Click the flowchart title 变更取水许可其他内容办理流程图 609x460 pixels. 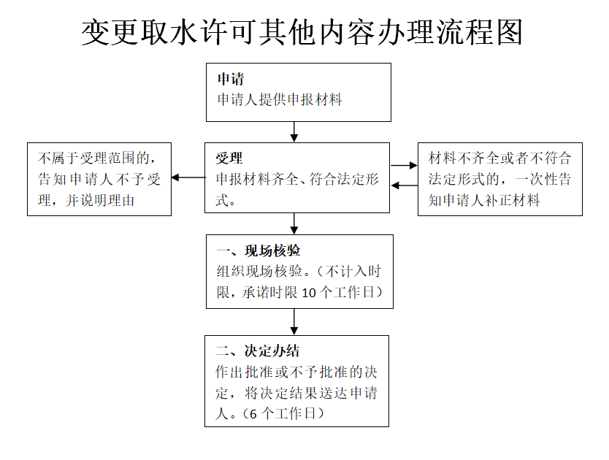302,32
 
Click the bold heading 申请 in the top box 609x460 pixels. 231,79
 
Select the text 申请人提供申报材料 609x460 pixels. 280,99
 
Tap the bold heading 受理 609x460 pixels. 229,158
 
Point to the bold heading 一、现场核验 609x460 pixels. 258,250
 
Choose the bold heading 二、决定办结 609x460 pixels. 258,350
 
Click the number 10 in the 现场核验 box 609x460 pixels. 309,293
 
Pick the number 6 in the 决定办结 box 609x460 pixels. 253,414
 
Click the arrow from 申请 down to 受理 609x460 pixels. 294,131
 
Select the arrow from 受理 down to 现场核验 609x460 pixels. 294,223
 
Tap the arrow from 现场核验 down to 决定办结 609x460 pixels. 294,322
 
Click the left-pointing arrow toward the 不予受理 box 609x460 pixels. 188,177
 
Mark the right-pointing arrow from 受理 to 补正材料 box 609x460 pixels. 404,166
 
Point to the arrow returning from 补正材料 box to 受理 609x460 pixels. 404,185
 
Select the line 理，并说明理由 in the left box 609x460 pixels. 86,201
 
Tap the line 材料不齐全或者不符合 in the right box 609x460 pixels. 500,158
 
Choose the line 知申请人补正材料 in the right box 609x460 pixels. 484,201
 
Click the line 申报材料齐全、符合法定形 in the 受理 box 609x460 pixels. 297,179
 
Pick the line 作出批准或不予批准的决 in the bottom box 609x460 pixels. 296,372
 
